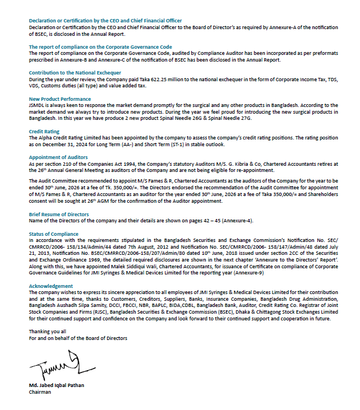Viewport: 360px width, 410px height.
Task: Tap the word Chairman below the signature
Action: coord(40,393)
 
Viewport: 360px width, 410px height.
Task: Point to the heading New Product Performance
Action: coord(59,99)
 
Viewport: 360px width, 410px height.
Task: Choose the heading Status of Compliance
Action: coord(53,233)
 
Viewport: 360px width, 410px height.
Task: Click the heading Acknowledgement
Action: coord(51,286)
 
